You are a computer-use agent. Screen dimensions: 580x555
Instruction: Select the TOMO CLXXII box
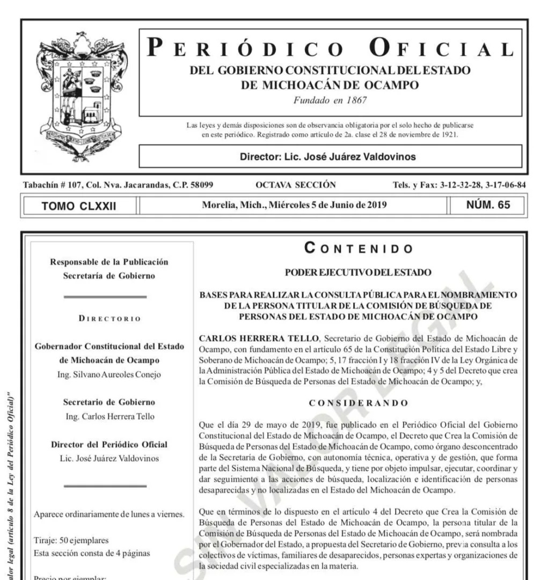coord(79,205)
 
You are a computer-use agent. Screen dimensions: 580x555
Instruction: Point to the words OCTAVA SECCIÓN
coord(296,185)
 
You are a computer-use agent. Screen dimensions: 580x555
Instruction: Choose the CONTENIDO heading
coord(359,249)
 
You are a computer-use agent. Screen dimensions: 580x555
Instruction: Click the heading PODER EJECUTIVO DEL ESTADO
coord(359,273)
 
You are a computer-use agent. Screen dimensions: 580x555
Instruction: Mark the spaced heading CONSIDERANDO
coord(359,403)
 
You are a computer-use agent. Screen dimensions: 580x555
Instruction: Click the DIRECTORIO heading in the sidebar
coord(109,318)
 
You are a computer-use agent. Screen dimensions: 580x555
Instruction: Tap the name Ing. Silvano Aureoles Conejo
coord(109,374)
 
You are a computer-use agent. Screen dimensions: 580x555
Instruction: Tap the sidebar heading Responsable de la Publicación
coord(109,262)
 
